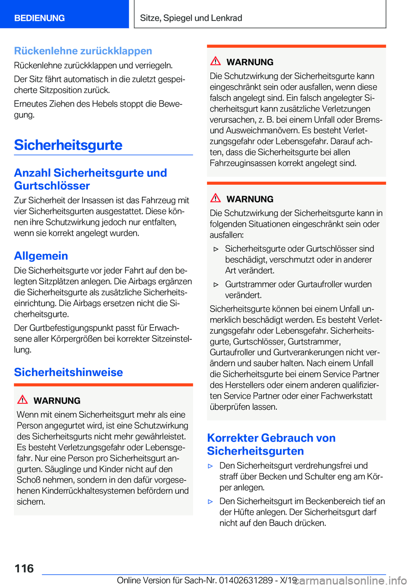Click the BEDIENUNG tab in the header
pos(39,18)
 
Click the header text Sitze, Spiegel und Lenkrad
pos(191,18)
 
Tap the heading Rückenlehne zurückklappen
pos(83,51)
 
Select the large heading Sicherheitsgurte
pos(68,145)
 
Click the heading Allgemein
pos(41,256)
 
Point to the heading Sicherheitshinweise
pos(68,372)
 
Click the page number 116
pos(24,569)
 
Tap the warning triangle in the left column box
pos(22,400)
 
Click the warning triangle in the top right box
pos(216,61)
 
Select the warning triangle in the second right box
pos(216,199)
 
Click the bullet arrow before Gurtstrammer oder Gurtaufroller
pos(216,285)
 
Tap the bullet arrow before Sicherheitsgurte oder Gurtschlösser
pos(216,249)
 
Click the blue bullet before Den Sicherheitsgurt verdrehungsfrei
pos(210,466)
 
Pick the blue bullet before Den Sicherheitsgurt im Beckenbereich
pos(210,502)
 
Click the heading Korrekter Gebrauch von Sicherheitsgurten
pos(271,444)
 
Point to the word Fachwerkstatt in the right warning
pos(347,396)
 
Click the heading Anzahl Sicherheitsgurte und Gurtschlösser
pos(90,179)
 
